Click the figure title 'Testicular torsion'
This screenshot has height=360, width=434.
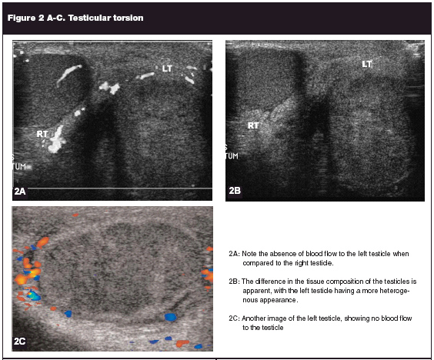click(x=105, y=18)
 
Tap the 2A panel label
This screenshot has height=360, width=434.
click(x=20, y=192)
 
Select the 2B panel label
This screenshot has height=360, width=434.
click(x=235, y=191)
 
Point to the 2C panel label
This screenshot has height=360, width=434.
click(x=20, y=342)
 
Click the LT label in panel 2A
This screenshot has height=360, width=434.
click(x=167, y=68)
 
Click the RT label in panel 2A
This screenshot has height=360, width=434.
click(x=42, y=134)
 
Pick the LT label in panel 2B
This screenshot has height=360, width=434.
click(x=367, y=64)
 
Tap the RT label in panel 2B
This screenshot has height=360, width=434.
click(x=253, y=125)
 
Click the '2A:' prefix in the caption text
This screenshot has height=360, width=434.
click(x=234, y=254)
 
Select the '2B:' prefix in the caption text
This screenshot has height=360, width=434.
click(x=234, y=282)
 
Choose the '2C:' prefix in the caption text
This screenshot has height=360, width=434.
click(x=234, y=318)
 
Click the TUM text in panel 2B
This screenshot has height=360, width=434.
click(x=232, y=156)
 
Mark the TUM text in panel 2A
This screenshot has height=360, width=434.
click(x=20, y=167)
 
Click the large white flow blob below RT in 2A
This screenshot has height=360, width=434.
click(x=57, y=140)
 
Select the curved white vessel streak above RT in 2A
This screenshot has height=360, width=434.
click(x=68, y=74)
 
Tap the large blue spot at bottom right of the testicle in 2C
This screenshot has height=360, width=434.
click(x=170, y=317)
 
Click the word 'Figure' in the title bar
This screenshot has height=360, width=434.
click(x=22, y=18)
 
